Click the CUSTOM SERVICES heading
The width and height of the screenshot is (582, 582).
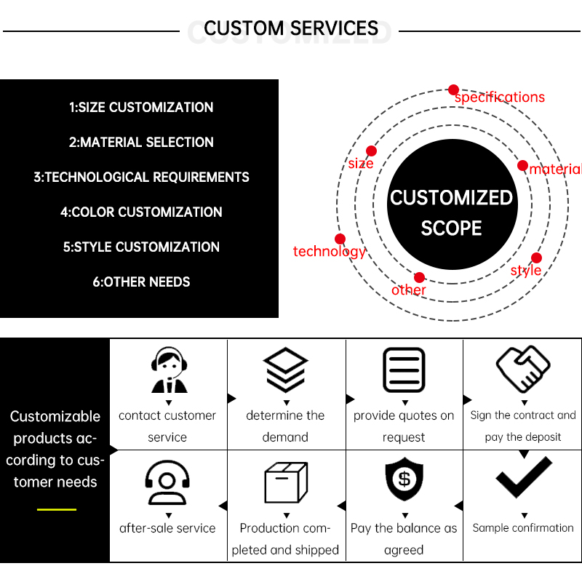tap(291, 29)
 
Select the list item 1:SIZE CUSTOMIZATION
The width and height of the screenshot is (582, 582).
tap(141, 108)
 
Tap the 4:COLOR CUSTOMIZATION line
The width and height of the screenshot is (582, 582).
tap(141, 212)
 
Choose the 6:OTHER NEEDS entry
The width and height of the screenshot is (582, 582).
tap(141, 282)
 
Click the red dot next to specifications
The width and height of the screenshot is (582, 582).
tap(453, 89)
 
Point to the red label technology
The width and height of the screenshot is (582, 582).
tap(329, 252)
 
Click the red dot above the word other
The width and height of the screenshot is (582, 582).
tap(419, 277)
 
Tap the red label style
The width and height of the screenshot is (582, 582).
tap(525, 271)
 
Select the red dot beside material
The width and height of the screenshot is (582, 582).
tap(522, 165)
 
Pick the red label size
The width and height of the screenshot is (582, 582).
tap(360, 164)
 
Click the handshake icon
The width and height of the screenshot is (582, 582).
tap(523, 368)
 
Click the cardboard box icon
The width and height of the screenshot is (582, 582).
tap(285, 482)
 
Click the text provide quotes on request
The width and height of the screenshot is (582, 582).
tap(404, 426)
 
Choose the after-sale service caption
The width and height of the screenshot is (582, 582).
tap(167, 529)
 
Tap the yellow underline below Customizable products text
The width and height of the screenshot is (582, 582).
tap(56, 509)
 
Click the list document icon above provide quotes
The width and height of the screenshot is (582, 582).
tap(404, 370)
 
